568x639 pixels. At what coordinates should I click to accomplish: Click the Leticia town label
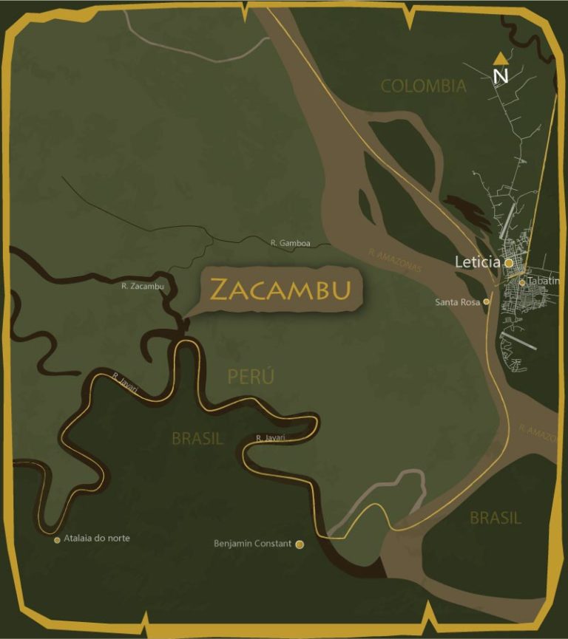tap(478, 262)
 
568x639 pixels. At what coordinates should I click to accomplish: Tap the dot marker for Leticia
tap(509, 262)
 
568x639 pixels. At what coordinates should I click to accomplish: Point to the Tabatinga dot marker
tap(522, 281)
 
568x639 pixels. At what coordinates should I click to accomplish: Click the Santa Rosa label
tap(458, 301)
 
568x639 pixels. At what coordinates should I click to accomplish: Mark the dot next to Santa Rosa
tap(486, 301)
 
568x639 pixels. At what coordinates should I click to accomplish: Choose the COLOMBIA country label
tap(423, 86)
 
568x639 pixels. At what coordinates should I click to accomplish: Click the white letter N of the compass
tap(501, 75)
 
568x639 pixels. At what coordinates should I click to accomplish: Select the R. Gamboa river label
tap(290, 243)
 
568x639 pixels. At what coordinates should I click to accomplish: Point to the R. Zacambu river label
tap(142, 286)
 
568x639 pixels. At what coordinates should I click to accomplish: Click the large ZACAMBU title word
tap(280, 290)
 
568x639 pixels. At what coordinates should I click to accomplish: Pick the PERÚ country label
tap(251, 376)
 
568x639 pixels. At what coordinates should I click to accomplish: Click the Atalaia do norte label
tap(98, 539)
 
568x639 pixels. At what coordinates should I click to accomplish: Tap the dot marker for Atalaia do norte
tap(57, 540)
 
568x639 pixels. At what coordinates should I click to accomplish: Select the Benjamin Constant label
tap(252, 544)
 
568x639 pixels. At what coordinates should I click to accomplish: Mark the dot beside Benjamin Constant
tap(300, 544)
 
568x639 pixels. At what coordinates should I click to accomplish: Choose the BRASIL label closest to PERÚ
tap(197, 438)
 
